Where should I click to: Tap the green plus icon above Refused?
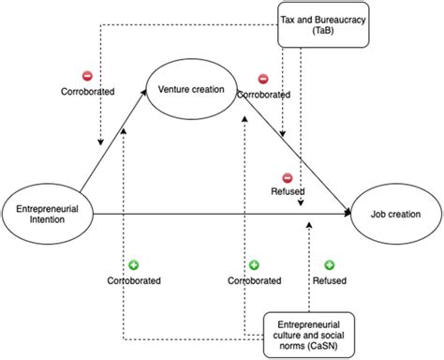[330, 265]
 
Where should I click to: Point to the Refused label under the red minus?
[288, 193]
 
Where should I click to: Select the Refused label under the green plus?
[330, 280]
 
